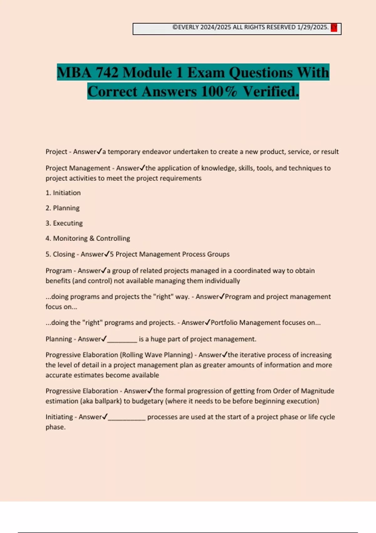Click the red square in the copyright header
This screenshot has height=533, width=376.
click(x=334, y=28)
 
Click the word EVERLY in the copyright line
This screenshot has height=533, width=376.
click(x=188, y=27)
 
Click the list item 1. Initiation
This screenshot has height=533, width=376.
click(x=63, y=193)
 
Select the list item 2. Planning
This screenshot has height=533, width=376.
click(x=62, y=208)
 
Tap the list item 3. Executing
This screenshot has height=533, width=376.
click(x=64, y=223)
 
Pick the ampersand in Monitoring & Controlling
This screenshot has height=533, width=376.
click(x=92, y=238)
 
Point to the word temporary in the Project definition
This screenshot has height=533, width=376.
click(x=124, y=152)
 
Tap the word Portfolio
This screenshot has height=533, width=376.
click(x=224, y=323)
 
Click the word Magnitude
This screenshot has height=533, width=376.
click(x=317, y=391)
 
